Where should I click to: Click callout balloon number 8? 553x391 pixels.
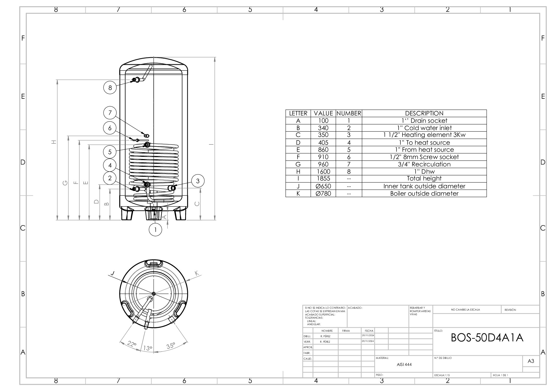[110, 88]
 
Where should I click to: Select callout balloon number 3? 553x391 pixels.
[198, 181]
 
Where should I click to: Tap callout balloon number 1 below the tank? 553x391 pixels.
[155, 230]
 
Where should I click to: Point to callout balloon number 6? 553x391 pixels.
[110, 128]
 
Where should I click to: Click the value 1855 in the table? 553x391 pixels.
[323, 179]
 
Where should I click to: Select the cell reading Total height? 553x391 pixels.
[424, 179]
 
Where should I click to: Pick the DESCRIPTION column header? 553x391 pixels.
[424, 113]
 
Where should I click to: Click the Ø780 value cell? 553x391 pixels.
[323, 194]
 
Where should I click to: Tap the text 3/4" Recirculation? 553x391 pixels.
[424, 164]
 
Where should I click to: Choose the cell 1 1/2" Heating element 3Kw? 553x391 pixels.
[424, 135]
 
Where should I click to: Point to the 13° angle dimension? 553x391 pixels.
[148, 348]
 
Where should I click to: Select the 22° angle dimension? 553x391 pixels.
[132, 344]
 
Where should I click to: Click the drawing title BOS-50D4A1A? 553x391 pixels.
[487, 338]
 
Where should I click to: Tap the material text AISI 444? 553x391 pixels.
[404, 365]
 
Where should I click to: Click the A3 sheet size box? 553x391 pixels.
[531, 361]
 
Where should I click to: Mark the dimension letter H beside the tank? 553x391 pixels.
[54, 142]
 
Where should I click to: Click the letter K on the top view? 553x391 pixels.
[197, 273]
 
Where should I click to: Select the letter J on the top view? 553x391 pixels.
[112, 273]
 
